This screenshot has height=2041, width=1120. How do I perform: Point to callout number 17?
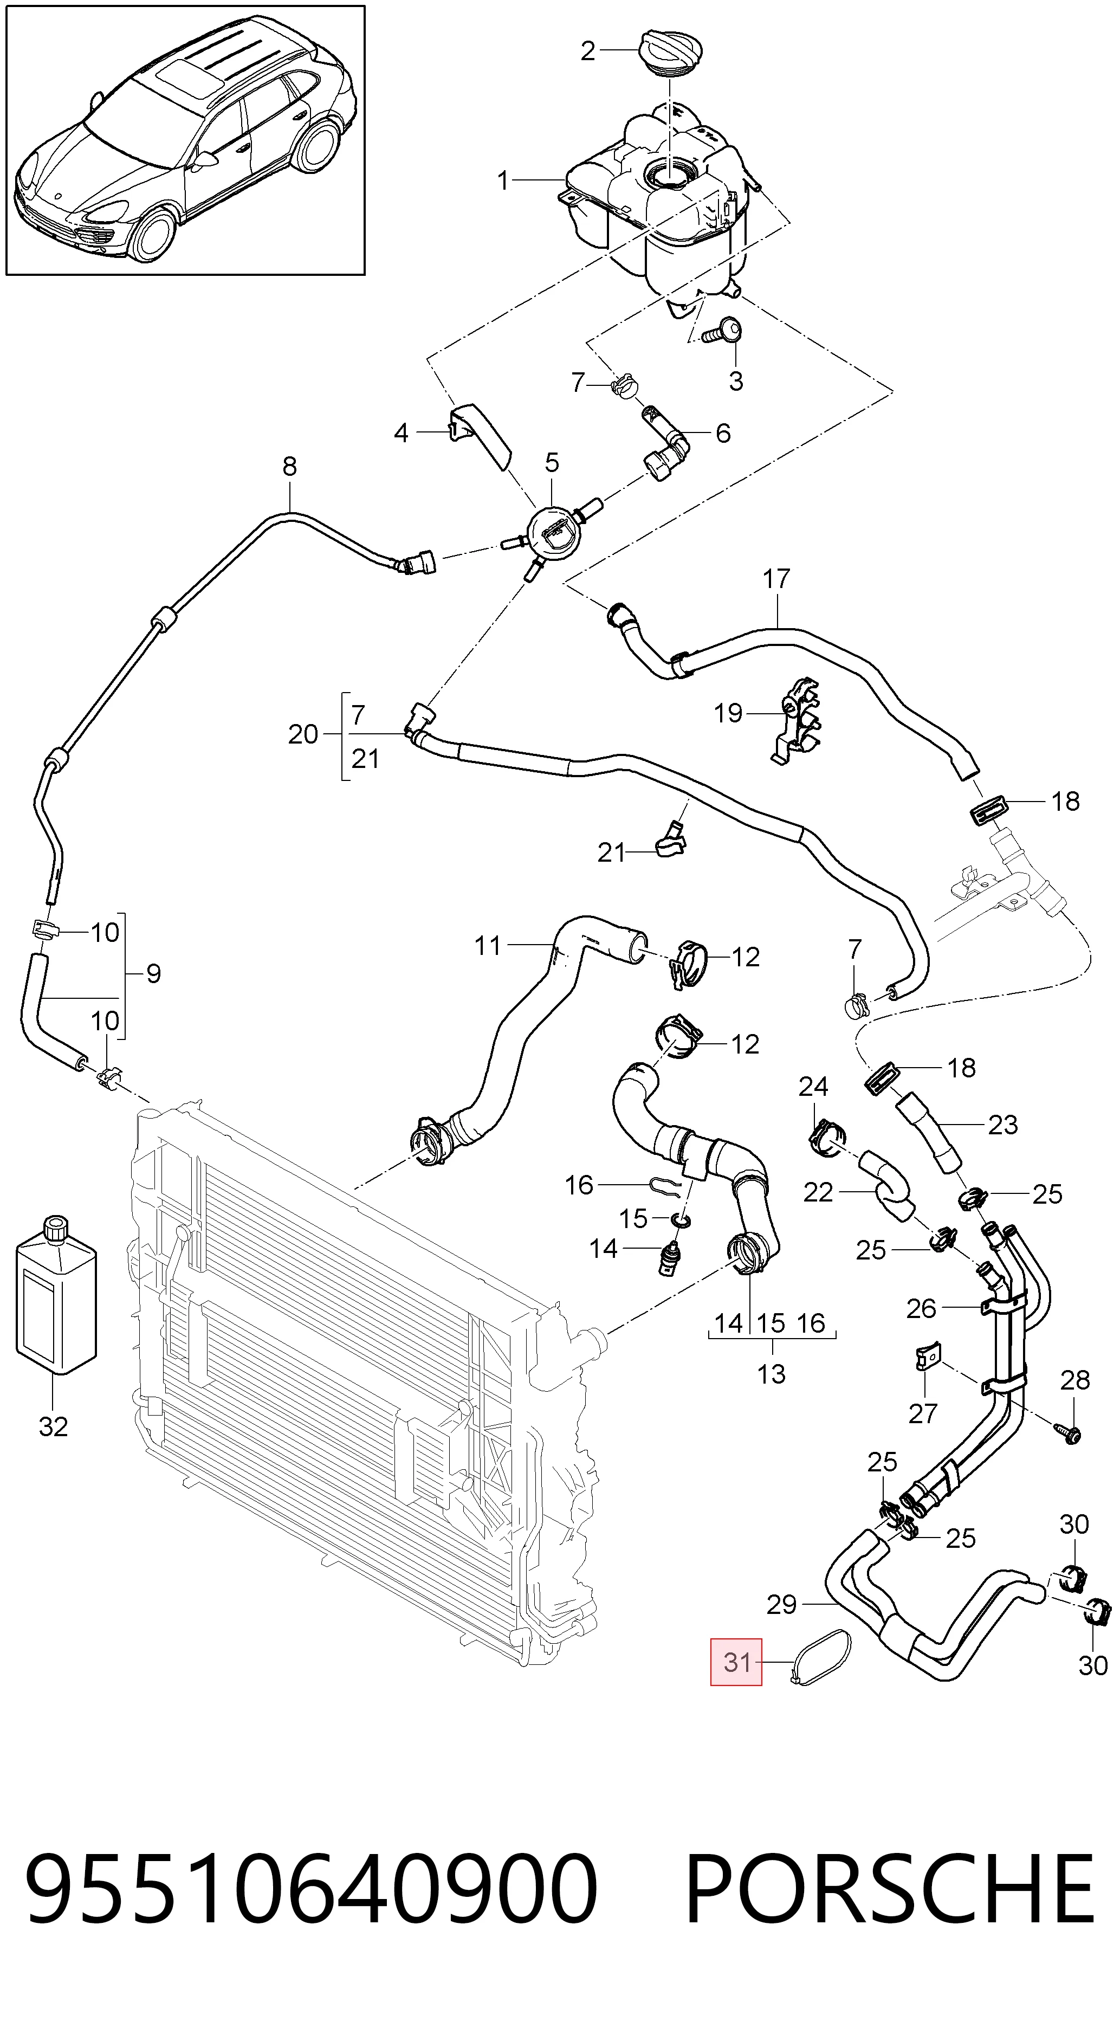click(x=776, y=579)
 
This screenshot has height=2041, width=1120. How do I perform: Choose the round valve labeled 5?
click(x=552, y=535)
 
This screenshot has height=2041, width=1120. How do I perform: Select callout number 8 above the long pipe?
click(x=289, y=467)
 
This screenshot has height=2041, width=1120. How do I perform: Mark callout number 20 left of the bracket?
click(x=302, y=734)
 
